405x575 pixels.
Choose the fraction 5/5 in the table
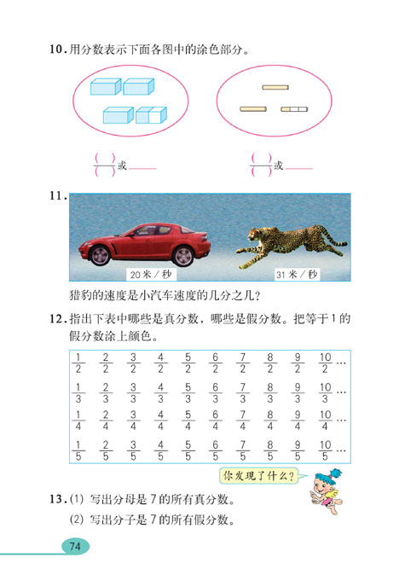coord(188,450)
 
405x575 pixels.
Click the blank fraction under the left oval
coord(103,164)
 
